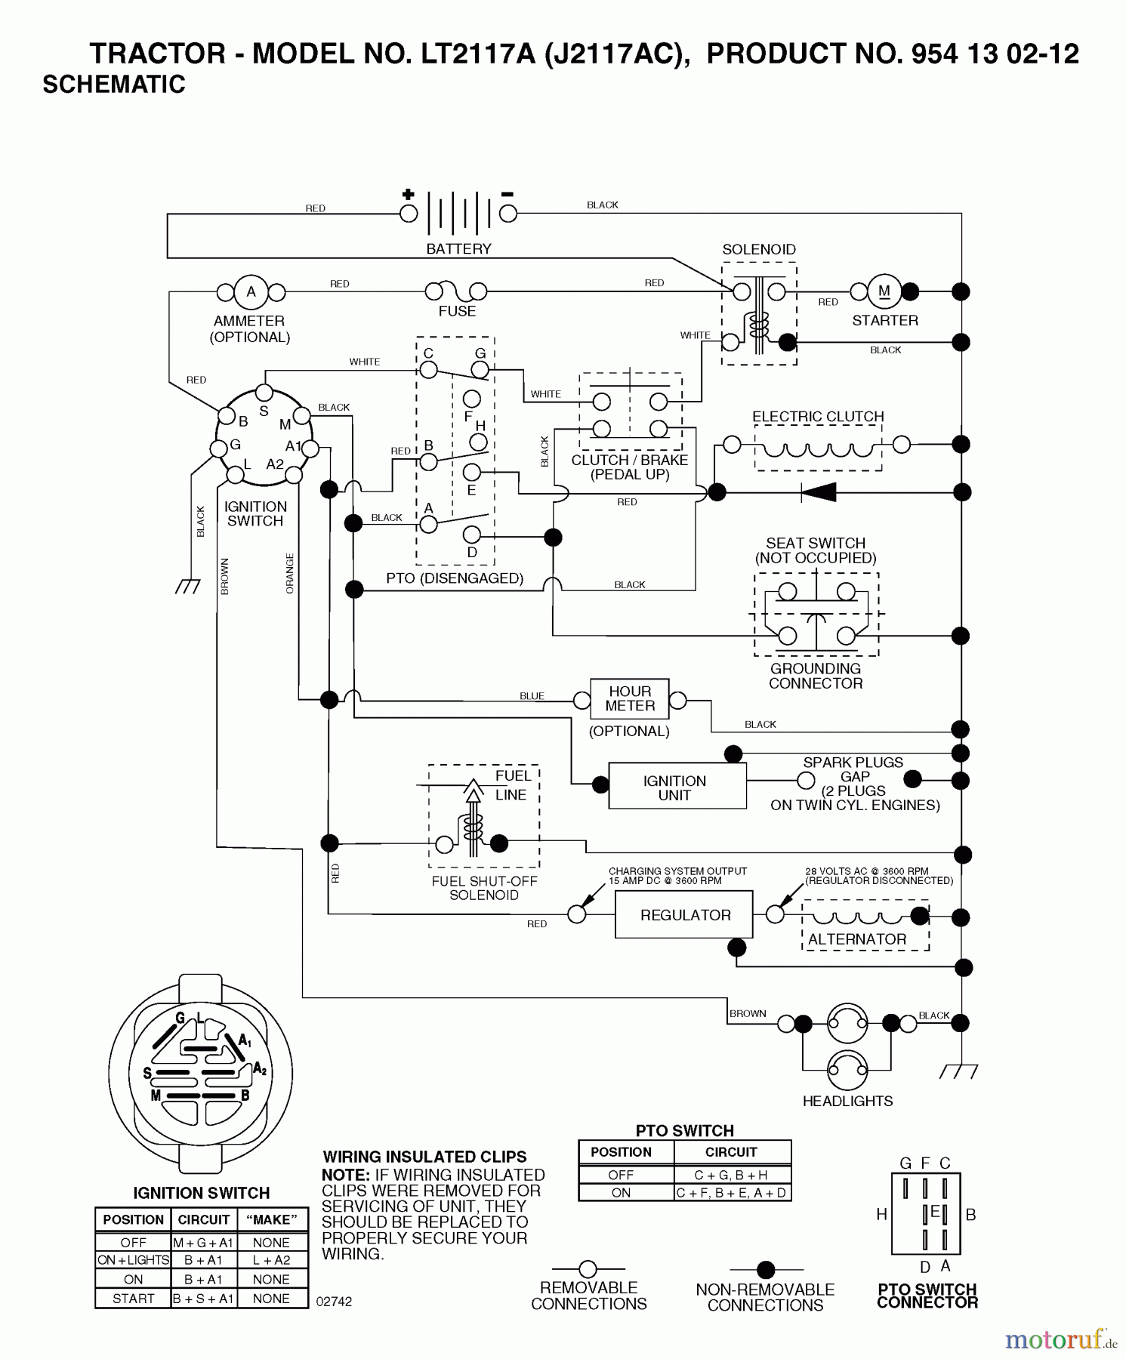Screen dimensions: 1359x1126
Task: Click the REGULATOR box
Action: click(x=685, y=915)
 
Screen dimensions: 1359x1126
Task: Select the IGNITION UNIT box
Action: click(x=674, y=787)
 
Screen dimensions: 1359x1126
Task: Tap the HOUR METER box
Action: click(x=630, y=698)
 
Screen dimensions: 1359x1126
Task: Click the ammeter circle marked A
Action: click(x=251, y=292)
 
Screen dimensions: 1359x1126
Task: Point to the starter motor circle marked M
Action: click(x=884, y=291)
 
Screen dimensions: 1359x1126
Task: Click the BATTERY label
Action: click(x=458, y=249)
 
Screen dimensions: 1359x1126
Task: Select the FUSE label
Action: click(x=457, y=311)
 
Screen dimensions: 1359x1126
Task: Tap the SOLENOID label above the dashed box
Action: click(x=758, y=250)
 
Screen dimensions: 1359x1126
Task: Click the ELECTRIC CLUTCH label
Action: click(x=818, y=417)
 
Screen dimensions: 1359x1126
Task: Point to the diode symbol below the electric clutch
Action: click(x=819, y=492)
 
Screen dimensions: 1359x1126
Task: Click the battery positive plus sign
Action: click(x=409, y=194)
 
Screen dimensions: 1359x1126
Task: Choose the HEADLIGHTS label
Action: click(x=847, y=1102)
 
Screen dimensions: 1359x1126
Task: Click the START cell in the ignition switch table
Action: click(x=133, y=1299)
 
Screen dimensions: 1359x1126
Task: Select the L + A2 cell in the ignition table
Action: click(x=271, y=1260)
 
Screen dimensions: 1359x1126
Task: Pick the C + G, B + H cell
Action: click(x=731, y=1175)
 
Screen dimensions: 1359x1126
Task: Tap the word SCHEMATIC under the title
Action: click(x=114, y=85)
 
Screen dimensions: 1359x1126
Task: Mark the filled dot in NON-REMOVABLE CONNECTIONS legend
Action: click(x=766, y=1269)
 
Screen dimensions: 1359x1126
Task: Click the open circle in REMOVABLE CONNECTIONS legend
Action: click(x=588, y=1269)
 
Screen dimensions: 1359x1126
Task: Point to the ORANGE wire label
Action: click(x=290, y=574)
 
